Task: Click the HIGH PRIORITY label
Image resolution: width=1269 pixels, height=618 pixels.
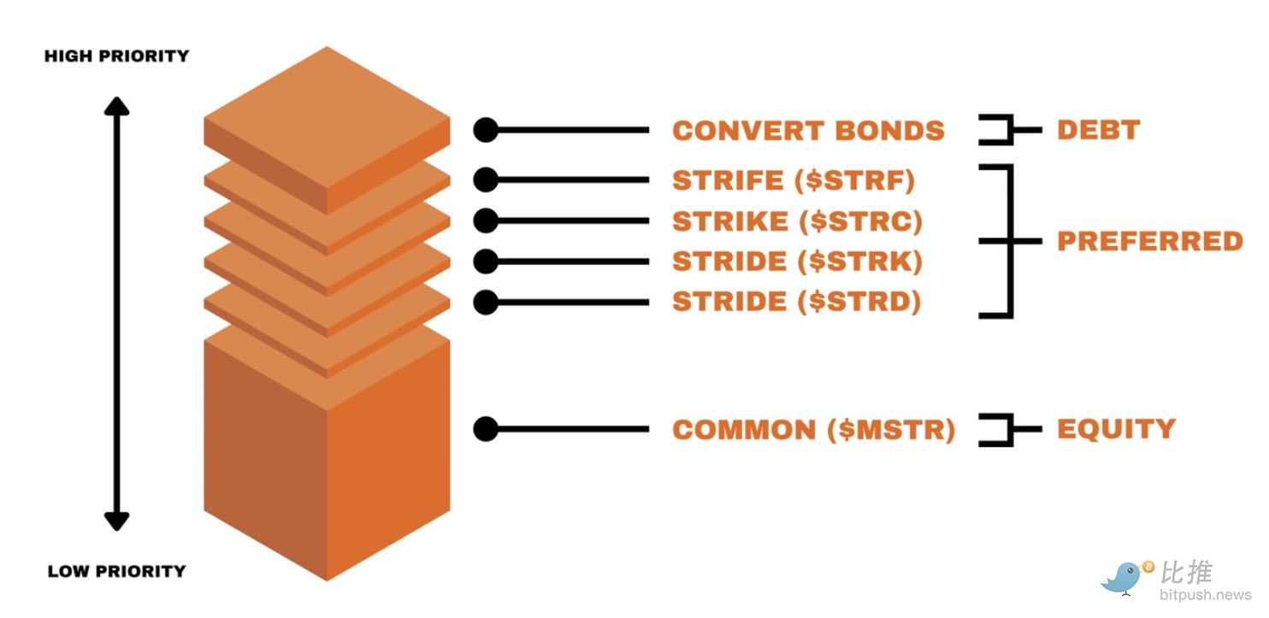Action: click(x=116, y=56)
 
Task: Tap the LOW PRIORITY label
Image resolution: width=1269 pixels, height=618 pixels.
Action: click(x=116, y=571)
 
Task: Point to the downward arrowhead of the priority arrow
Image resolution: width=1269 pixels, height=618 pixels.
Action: click(x=116, y=521)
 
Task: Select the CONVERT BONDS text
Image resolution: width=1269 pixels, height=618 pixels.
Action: click(x=808, y=131)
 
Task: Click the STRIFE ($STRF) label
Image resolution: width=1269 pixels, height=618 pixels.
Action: click(x=793, y=180)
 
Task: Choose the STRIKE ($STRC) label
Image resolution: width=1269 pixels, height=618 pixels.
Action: click(x=797, y=221)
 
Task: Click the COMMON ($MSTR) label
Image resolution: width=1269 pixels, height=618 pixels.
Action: click(x=813, y=429)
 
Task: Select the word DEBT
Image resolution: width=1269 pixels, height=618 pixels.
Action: click(x=1098, y=130)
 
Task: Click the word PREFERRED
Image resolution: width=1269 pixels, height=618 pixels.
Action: click(x=1149, y=241)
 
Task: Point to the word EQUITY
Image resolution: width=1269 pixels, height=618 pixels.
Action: click(x=1116, y=428)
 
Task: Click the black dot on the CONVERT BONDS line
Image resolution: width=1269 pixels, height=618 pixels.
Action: click(x=486, y=130)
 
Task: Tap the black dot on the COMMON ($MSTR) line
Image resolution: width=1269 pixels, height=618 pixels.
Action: click(x=486, y=429)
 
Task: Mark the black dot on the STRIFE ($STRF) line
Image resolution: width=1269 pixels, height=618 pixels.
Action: click(x=486, y=180)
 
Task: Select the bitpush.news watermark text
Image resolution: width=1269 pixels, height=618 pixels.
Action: click(x=1205, y=594)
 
